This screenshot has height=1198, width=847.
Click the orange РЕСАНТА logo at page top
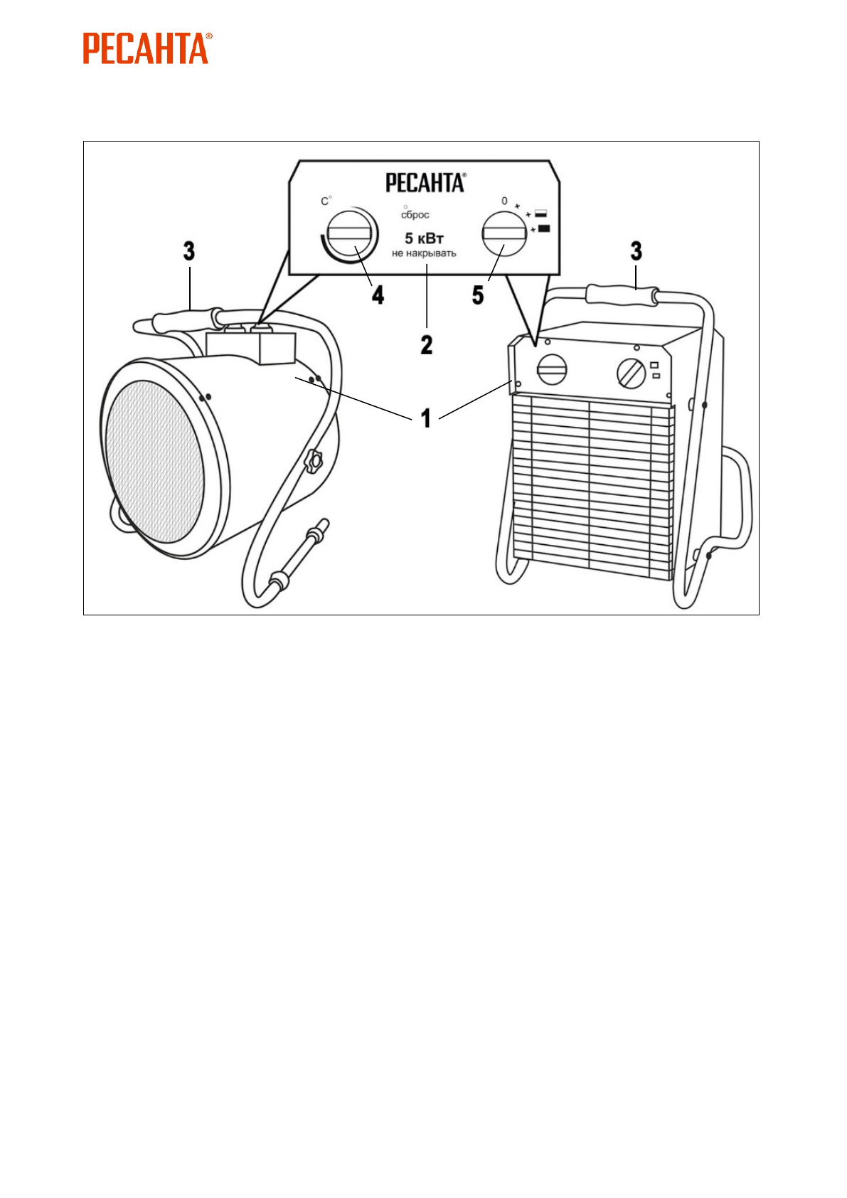tap(147, 48)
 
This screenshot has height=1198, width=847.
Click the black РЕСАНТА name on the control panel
tap(425, 183)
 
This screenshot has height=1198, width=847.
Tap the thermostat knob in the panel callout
tap(348, 233)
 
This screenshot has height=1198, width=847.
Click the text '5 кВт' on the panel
tap(424, 238)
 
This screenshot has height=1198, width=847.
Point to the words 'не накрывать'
tap(424, 253)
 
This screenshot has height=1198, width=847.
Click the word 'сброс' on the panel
tap(415, 215)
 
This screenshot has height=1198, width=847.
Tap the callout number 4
tap(378, 295)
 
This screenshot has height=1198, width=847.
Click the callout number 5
tap(478, 295)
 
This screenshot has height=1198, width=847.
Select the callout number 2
tap(426, 345)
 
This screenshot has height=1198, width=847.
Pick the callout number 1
tap(425, 418)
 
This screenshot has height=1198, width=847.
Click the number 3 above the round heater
tap(188, 251)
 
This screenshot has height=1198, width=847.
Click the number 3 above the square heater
tap(636, 251)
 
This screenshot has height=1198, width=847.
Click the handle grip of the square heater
tap(621, 294)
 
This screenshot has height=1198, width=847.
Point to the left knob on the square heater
tap(553, 370)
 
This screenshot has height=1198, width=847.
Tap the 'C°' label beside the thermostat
tap(326, 201)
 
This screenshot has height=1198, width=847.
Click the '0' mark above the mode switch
tap(504, 201)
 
